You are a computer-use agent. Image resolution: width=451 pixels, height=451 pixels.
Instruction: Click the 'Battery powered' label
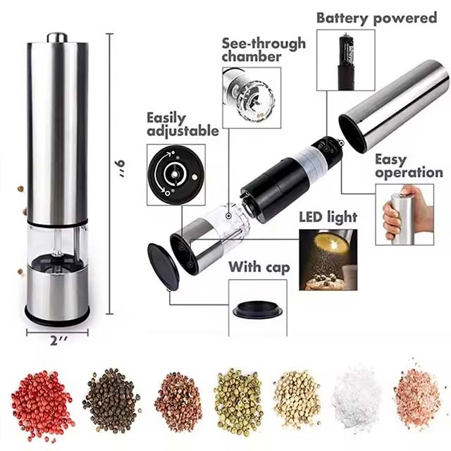pos(376,18)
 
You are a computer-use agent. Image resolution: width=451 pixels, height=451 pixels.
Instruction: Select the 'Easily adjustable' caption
pos(182,125)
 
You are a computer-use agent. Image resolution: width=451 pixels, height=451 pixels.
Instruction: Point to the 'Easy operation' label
pos(409,166)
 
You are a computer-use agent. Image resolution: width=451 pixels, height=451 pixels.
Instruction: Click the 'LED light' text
pos(328,217)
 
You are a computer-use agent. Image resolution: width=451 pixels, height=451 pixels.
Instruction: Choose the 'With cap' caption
pos(257,268)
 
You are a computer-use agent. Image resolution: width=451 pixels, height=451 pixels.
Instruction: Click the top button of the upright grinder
pos(57,36)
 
